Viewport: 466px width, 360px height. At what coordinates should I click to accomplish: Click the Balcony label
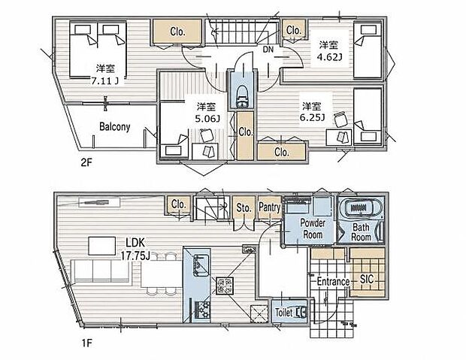(115, 127)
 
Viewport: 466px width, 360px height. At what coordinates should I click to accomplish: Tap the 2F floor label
(86, 162)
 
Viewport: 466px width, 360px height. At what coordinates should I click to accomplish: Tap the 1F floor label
(87, 343)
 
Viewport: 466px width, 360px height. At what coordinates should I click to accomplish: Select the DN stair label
(268, 50)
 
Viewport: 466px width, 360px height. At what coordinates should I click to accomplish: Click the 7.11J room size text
(105, 81)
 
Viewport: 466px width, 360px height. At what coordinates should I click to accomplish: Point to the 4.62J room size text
(329, 57)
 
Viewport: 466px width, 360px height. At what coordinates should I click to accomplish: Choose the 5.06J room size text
(207, 119)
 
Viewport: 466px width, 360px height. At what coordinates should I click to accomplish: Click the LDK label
(135, 243)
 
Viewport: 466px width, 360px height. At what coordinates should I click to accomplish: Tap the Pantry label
(270, 207)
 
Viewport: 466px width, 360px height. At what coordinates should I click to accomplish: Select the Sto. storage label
(244, 207)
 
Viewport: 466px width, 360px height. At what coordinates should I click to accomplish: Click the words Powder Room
(313, 228)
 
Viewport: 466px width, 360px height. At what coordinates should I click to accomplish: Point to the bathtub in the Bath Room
(361, 207)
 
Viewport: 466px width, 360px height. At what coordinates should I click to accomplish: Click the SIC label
(367, 279)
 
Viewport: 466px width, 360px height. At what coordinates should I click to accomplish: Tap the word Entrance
(333, 281)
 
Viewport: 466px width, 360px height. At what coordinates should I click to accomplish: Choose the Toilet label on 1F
(284, 313)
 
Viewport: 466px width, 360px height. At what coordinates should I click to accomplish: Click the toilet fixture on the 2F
(242, 95)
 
